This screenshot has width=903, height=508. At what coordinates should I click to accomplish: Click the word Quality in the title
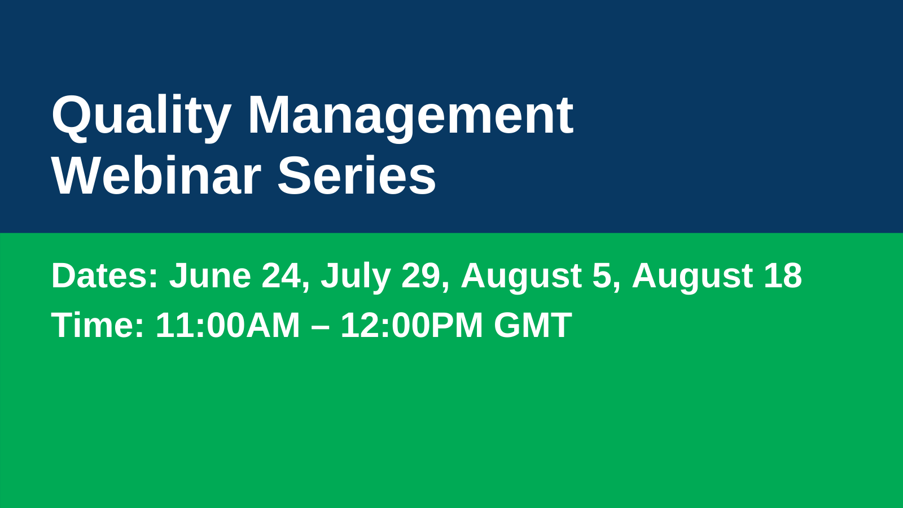(142, 118)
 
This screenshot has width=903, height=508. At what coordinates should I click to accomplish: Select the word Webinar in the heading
(156, 176)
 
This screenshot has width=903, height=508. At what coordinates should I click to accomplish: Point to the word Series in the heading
(357, 176)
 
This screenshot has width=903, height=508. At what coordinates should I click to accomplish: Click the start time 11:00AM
(228, 325)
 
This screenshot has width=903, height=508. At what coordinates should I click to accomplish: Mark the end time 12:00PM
(411, 325)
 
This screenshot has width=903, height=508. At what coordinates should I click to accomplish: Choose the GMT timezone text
(533, 325)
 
